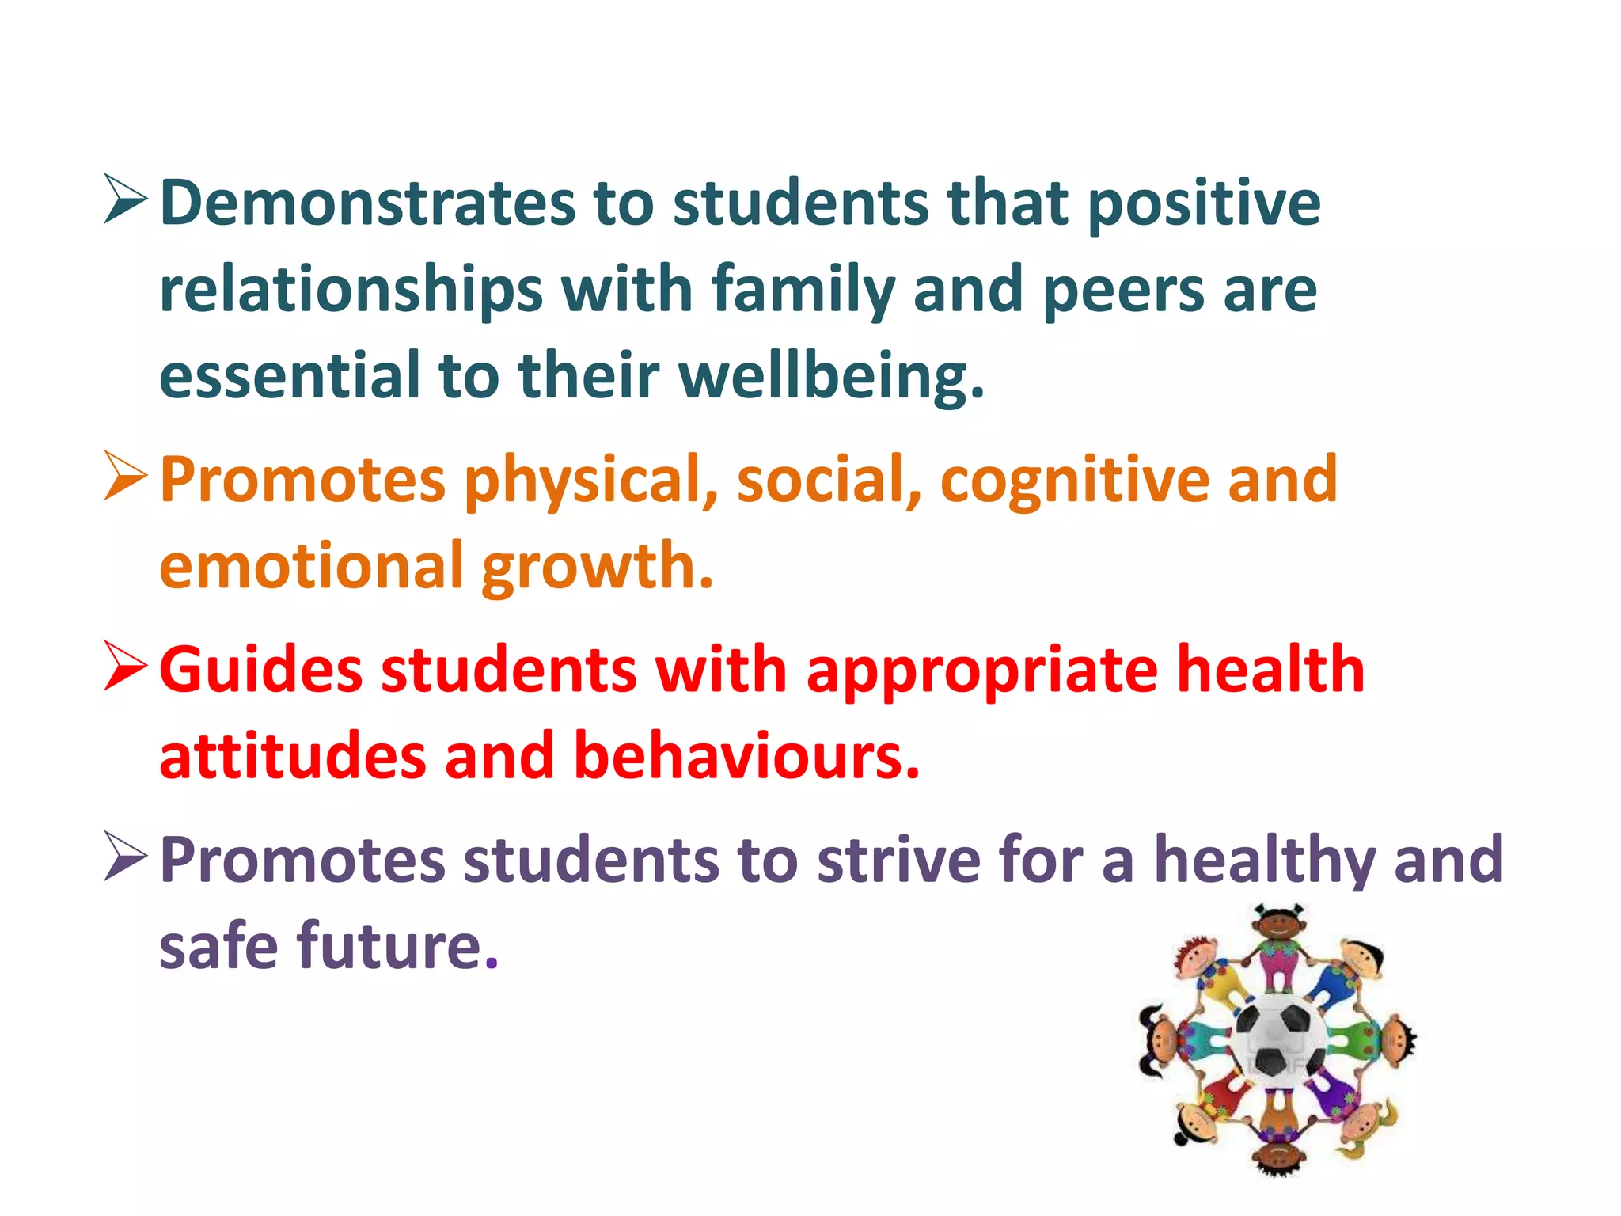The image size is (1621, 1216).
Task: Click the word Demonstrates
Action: (367, 203)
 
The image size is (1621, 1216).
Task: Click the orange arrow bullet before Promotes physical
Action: (125, 477)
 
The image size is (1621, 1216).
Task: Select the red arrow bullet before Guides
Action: (125, 667)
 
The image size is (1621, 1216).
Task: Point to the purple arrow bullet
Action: (125, 857)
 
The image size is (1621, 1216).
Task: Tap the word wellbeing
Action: (831, 376)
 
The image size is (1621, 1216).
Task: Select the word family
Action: (803, 290)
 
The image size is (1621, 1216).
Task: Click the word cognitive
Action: (1074, 480)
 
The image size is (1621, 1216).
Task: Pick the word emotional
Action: (312, 566)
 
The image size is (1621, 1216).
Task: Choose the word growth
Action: (598, 566)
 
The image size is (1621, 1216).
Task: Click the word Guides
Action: (260, 670)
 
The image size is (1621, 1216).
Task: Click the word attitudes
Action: (293, 756)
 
